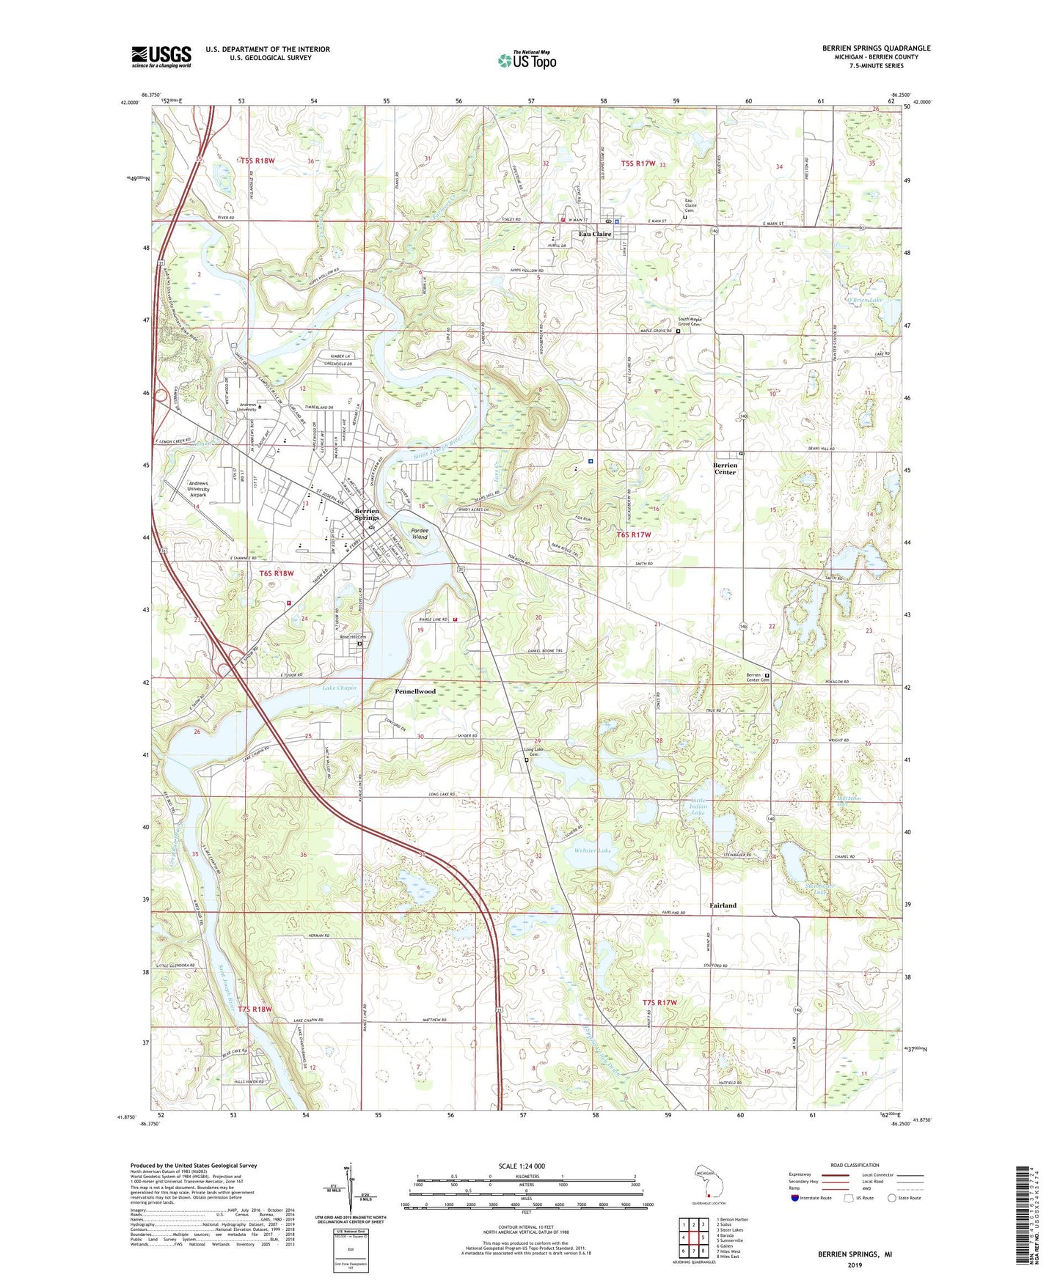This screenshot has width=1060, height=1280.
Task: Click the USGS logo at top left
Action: coord(161,56)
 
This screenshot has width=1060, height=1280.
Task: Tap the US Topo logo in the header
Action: coord(526,60)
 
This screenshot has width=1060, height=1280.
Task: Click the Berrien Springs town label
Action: coord(367,514)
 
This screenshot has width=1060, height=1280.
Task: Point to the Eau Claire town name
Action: coord(595,235)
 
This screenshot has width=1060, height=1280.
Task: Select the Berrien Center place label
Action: coord(725,468)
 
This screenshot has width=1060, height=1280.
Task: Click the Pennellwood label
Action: coord(415,691)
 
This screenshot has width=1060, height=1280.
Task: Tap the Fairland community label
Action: coord(723,905)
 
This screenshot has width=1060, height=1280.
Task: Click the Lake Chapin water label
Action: coord(339,688)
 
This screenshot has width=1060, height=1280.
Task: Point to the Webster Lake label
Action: coord(593,850)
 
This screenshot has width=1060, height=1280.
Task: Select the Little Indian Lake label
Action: coord(698,806)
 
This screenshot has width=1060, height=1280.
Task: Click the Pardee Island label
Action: coord(419,533)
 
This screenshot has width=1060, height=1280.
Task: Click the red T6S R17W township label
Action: coord(633,535)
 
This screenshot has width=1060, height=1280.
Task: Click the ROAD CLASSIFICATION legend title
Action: coord(855,1165)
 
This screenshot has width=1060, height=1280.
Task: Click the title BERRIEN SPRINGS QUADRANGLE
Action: coord(876,48)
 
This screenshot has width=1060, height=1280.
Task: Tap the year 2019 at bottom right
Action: coord(855,1265)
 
